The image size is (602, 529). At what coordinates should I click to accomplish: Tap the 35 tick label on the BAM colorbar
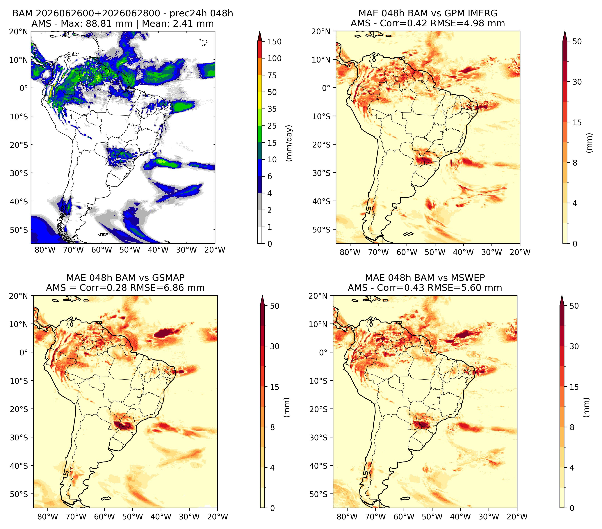pyautogui.click(x=272, y=109)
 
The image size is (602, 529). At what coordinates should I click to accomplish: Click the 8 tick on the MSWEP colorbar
pyautogui.click(x=572, y=427)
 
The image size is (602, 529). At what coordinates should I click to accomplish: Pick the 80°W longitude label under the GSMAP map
pyautogui.click(x=48, y=517)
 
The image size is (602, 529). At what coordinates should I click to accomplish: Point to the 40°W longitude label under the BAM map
pyautogui.click(x=158, y=250)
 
